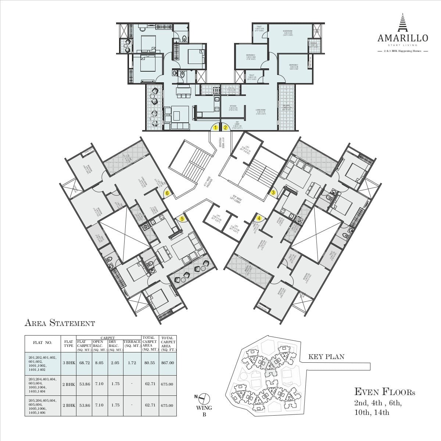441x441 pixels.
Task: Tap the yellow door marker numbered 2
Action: [225, 128]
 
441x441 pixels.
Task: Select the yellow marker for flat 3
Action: [273, 192]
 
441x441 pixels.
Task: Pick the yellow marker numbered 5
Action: [182, 219]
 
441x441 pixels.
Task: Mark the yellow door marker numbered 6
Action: [167, 193]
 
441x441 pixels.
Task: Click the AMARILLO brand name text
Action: [403, 38]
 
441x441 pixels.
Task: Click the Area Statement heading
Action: [60, 323]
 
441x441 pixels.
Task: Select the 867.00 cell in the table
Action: [167, 363]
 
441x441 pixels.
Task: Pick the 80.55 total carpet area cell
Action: [150, 363]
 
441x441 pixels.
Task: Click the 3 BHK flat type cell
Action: [69, 363]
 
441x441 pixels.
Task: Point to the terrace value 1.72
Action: [132, 363]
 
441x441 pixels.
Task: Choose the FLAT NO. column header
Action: [43, 343]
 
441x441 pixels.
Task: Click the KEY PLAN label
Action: [326, 357]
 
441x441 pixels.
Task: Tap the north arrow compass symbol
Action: [204, 398]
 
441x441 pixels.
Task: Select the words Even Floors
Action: [384, 392]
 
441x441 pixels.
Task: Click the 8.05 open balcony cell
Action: [99, 363]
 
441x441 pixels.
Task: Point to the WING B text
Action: [204, 411]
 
